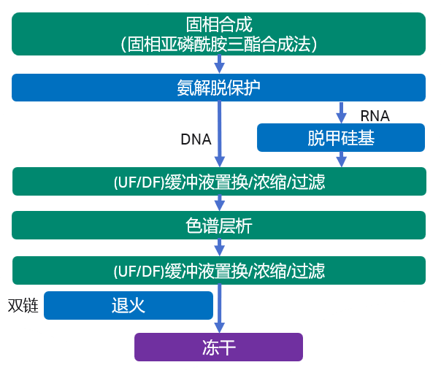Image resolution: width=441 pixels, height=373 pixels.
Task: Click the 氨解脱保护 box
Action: point(219,88)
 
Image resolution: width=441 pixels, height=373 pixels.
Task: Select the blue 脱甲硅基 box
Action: point(340,137)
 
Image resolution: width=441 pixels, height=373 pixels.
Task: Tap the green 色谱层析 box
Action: point(219,226)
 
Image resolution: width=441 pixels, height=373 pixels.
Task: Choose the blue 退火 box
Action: point(129,305)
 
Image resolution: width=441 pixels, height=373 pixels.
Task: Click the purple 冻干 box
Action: point(218,347)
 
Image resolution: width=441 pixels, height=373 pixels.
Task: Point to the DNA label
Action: point(196,139)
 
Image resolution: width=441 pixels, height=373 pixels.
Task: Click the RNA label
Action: point(375,116)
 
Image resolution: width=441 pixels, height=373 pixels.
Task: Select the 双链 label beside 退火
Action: point(23,305)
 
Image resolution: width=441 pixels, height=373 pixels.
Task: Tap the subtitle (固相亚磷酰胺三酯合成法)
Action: point(219,43)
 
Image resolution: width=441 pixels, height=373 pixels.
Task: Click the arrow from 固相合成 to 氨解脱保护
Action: point(219,66)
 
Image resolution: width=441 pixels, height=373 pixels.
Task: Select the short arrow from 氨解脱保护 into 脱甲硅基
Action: point(340,112)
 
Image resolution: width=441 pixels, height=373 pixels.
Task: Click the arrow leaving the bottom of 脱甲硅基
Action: point(340,159)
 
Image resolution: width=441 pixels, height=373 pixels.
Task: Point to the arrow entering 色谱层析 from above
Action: point(219,203)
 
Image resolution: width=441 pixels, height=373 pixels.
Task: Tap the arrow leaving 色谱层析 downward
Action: point(219,247)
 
